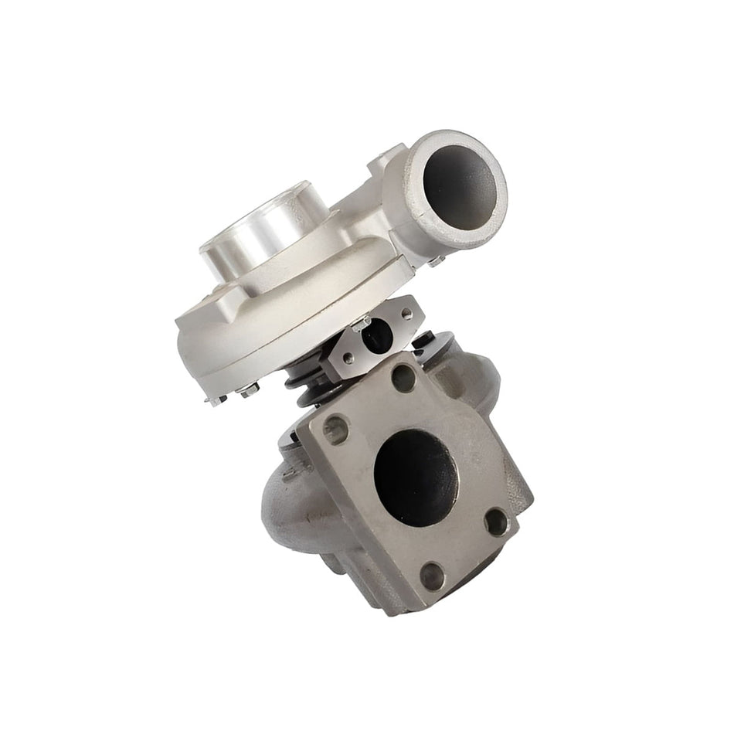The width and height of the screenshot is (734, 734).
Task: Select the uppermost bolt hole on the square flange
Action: click(403, 376)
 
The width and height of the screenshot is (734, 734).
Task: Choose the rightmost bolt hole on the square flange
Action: click(496, 522)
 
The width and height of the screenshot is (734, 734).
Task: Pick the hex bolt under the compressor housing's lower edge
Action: click(250, 392)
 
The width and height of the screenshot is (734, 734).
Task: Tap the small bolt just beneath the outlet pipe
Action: click(437, 263)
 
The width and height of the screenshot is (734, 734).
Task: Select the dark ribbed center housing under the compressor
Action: click(305, 379)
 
